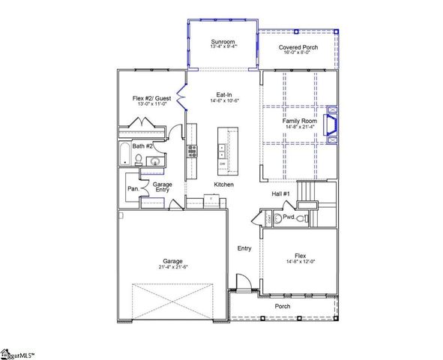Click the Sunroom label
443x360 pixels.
click(223, 40)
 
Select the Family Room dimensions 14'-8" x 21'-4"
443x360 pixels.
click(300, 127)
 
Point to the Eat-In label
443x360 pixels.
click(223, 94)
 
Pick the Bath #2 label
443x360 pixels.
click(143, 146)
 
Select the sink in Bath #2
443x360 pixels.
click(155, 161)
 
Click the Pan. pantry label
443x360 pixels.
click(133, 189)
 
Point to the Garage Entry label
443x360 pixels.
click(163, 187)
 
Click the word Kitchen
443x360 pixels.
click(223, 184)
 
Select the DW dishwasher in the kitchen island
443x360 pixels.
click(223, 164)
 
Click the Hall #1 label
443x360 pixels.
click(281, 194)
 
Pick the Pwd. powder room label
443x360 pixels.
click(289, 217)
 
